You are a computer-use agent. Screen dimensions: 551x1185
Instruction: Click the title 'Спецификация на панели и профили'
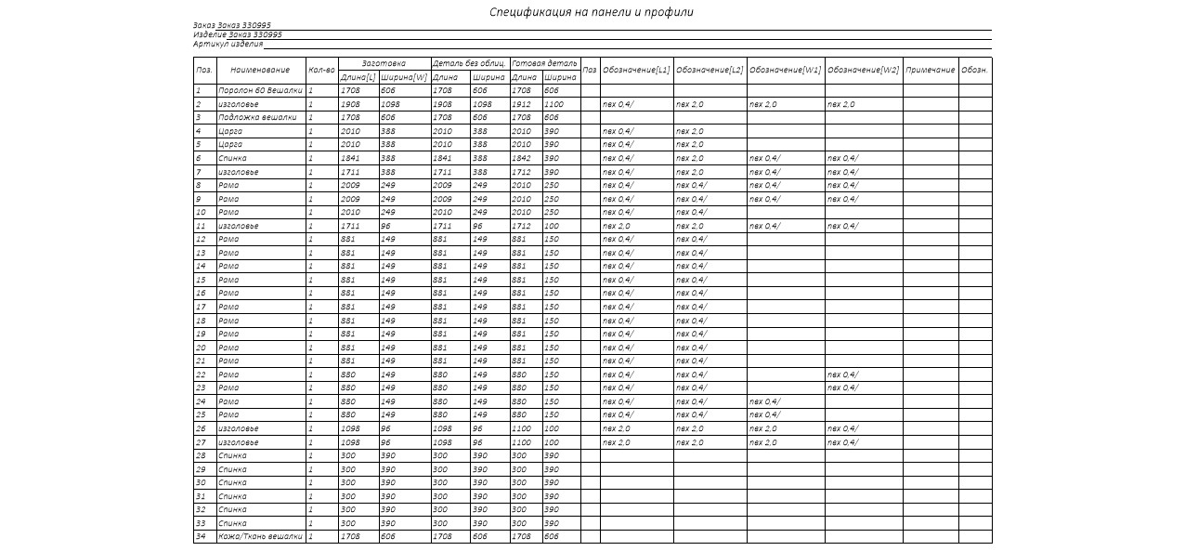(x=591, y=12)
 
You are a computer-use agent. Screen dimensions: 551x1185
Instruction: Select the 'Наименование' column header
(x=260, y=70)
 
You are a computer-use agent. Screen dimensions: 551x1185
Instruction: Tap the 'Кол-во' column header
(x=320, y=70)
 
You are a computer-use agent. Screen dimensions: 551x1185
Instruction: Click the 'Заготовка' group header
(x=384, y=63)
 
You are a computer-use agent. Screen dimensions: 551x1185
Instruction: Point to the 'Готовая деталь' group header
(x=544, y=63)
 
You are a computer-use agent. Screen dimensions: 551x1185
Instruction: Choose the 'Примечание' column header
(x=930, y=70)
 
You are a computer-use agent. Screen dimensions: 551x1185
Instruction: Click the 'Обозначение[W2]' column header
(x=863, y=70)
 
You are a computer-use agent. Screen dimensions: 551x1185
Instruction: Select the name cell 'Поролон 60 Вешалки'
(x=260, y=91)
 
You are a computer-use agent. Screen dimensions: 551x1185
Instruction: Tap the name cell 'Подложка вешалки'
(x=257, y=118)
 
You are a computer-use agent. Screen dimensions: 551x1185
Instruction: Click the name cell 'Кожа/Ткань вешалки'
(x=260, y=536)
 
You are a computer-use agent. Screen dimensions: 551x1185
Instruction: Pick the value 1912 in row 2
(x=521, y=105)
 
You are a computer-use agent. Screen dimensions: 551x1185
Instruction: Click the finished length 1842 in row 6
(x=521, y=159)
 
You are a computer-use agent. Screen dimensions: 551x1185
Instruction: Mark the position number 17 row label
(x=201, y=307)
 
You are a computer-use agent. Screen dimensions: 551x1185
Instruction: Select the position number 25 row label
(x=201, y=414)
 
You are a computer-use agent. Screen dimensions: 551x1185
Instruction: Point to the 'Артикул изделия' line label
(x=228, y=44)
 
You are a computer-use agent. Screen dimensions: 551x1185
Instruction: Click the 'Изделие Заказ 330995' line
(x=237, y=34)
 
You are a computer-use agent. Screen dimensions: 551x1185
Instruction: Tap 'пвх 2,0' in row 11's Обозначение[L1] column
(x=616, y=226)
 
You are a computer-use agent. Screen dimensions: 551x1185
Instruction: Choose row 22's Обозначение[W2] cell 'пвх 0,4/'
(x=842, y=374)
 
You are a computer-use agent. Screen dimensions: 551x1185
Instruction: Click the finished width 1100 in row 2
(x=553, y=105)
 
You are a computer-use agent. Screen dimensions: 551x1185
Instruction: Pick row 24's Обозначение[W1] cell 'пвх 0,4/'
(x=764, y=401)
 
